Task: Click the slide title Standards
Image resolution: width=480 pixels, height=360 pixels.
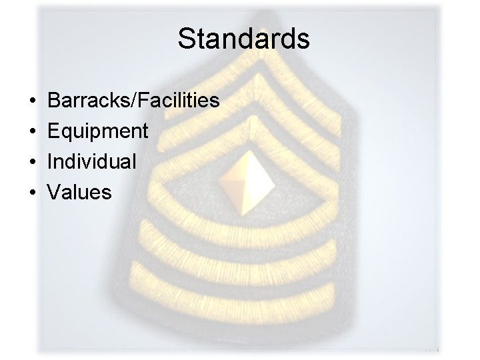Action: pos(243,39)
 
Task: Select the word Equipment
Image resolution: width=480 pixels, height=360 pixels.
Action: pos(98,131)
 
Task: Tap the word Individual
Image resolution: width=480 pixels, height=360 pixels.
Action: pos(93,162)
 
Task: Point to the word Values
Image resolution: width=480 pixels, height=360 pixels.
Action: pos(79,193)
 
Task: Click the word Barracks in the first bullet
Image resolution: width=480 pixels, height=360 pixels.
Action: pos(89,101)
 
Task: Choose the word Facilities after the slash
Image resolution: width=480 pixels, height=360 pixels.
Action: pos(178,101)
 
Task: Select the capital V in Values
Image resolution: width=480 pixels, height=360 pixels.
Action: pos(54,193)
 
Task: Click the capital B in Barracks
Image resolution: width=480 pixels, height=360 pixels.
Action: pos(55,101)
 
